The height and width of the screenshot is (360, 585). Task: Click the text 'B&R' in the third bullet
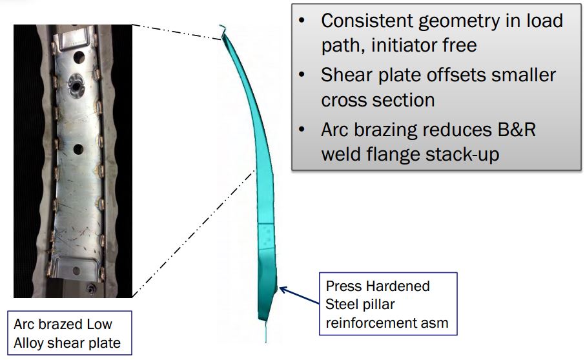pyautogui.click(x=513, y=130)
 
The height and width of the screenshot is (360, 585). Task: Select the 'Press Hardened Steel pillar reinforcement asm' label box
pyautogui.click(x=387, y=304)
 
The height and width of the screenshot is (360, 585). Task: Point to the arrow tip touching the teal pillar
pyautogui.click(x=280, y=288)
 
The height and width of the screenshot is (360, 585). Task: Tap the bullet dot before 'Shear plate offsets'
pyautogui.click(x=302, y=75)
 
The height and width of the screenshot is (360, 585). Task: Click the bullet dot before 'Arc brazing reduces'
pyautogui.click(x=302, y=130)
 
